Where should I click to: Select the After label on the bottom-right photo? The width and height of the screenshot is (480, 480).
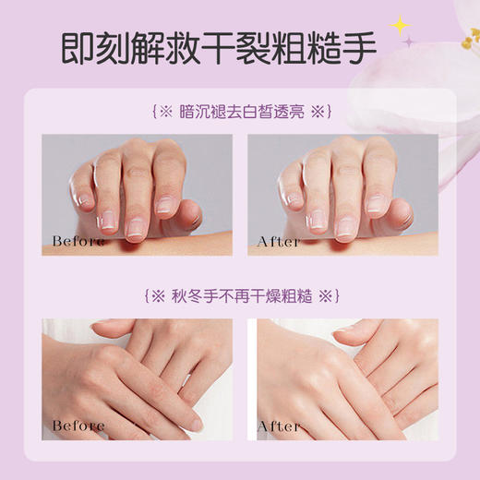click(278, 426)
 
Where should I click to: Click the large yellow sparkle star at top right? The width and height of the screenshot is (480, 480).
click(400, 25)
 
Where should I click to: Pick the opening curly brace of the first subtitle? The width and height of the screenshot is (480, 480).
click(150, 113)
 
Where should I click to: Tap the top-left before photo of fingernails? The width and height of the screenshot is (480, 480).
click(137, 195)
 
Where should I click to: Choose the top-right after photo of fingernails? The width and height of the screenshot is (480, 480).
click(342, 195)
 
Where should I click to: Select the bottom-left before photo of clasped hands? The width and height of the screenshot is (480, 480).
click(137, 378)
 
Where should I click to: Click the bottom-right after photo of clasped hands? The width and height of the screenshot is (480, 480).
click(342, 378)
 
